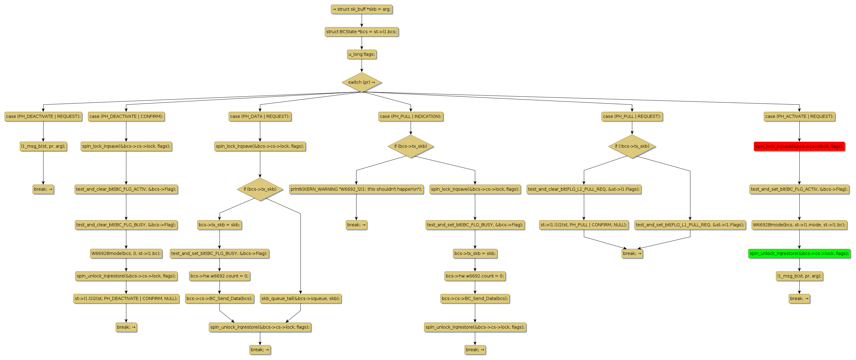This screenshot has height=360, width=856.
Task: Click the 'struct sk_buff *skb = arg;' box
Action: tap(362, 9)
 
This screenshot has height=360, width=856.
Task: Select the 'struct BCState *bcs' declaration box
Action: tap(362, 32)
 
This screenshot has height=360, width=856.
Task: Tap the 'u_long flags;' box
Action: tap(362, 54)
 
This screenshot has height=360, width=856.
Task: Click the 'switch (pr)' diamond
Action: tap(362, 82)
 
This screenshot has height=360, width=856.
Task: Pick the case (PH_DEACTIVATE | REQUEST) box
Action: tap(43, 116)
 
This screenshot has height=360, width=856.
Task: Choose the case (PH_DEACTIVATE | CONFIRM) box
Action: tap(126, 116)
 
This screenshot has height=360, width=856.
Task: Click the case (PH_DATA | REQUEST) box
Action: tap(260, 116)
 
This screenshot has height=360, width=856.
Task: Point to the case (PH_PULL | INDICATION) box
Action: tap(411, 116)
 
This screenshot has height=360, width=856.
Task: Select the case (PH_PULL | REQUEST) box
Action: tap(632, 116)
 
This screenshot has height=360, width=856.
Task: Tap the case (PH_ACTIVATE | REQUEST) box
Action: tap(799, 116)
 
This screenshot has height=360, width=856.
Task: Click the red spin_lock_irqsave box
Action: tap(799, 146)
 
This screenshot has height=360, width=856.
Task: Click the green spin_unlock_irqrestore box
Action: tap(799, 253)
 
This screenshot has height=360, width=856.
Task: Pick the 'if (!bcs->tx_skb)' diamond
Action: tap(632, 146)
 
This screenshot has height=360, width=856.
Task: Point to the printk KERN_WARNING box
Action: tap(356, 189)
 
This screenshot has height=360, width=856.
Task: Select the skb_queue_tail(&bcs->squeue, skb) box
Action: tap(300, 298)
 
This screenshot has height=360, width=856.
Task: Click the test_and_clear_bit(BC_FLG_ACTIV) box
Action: tap(126, 189)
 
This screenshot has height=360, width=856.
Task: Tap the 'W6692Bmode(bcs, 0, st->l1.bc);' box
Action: tap(126, 253)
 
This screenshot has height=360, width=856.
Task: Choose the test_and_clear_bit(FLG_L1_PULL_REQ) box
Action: tap(584, 189)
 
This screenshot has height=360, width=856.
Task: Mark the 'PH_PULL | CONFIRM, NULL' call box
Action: tap(584, 225)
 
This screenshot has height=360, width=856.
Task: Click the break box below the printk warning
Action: tap(356, 225)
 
